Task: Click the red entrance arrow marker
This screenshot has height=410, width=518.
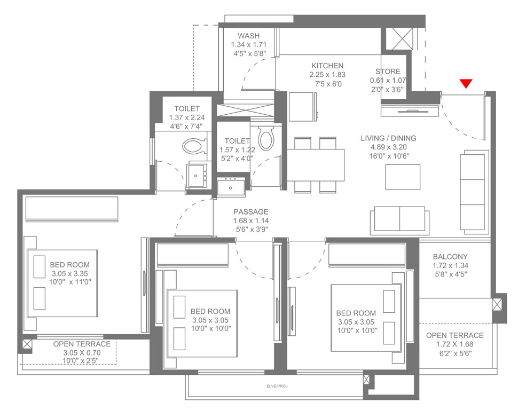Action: click(x=467, y=83)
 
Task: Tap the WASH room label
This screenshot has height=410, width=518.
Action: click(x=248, y=36)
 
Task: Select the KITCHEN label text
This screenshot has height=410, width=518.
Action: click(x=327, y=66)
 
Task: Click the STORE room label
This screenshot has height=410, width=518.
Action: click(x=387, y=72)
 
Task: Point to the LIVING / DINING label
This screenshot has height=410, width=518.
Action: click(x=388, y=138)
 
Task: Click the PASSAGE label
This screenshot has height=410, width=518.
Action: click(x=250, y=212)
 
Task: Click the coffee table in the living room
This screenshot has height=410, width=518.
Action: click(x=403, y=177)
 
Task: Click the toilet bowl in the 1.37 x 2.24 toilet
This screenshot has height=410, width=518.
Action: click(x=193, y=145)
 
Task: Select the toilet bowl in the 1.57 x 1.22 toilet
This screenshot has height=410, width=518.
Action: click(x=265, y=138)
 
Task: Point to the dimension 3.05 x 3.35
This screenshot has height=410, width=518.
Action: click(x=70, y=274)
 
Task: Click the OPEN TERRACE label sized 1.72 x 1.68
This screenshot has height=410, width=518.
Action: click(x=454, y=335)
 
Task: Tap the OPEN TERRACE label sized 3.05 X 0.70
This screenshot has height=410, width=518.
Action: click(x=82, y=344)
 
